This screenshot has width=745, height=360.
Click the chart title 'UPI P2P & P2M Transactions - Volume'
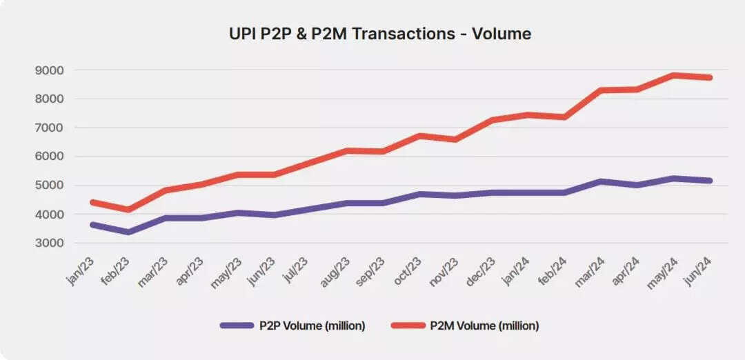coord(380,33)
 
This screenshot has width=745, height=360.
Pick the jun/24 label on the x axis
coord(699,270)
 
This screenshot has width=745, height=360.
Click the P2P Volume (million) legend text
coord(312,325)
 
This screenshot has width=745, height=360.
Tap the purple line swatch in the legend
coord(237,325)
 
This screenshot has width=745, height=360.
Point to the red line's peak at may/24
coord(673,75)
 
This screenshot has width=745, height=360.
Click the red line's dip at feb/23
coord(128,209)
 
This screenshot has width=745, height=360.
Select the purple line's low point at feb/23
coord(128,232)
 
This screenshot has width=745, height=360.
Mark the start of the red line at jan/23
coord(92,202)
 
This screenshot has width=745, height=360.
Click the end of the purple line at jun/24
coord(710,181)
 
